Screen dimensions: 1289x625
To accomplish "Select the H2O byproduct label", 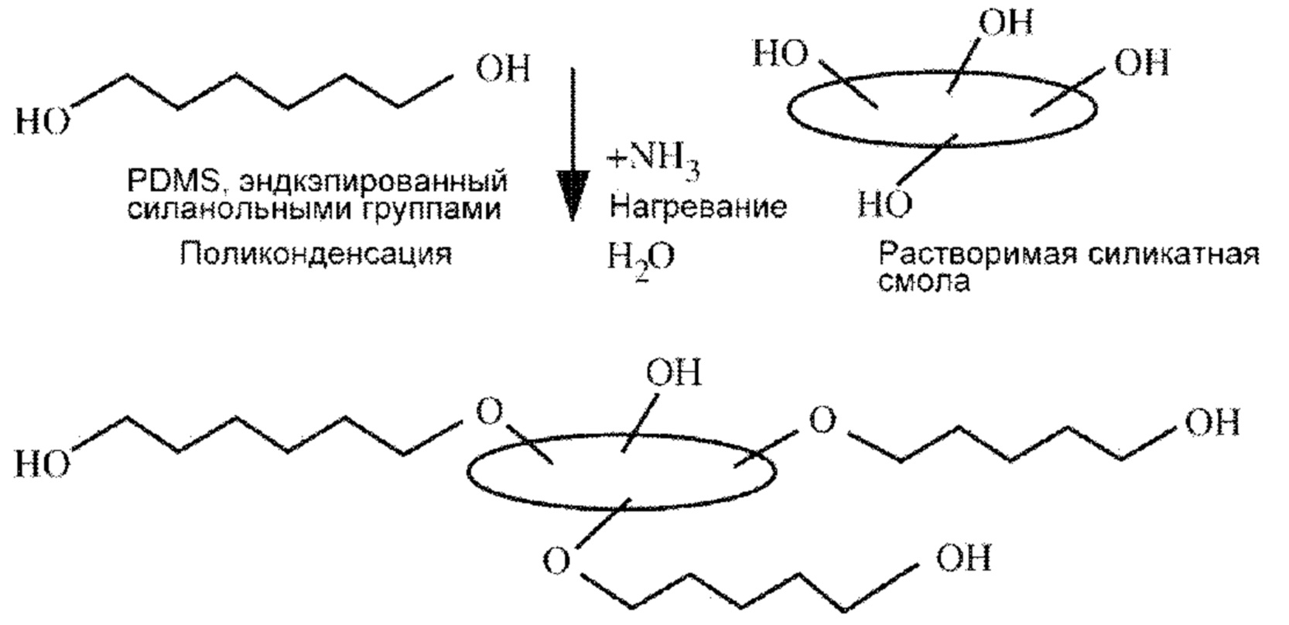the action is (641, 261).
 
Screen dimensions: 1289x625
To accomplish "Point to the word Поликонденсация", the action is (316, 254).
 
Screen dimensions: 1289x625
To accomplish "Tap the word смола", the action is (924, 282).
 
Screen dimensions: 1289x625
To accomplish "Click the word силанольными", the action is (237, 210).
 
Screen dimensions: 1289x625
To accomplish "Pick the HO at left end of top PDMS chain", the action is (42, 122).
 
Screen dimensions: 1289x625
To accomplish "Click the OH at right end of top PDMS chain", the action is (502, 69).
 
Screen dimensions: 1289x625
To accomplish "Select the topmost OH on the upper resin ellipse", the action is (1005, 22).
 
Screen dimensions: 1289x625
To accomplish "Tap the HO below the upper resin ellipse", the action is (885, 203).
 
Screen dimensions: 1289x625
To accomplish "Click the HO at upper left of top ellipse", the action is (781, 54).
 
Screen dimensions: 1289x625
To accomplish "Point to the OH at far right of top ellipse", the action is (1142, 62).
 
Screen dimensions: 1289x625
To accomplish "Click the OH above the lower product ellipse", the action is (674, 372).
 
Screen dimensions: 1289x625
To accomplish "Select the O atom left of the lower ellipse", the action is (490, 412).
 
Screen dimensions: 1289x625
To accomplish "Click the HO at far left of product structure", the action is (42, 464).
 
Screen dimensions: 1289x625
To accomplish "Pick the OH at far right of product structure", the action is (1212, 423).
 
